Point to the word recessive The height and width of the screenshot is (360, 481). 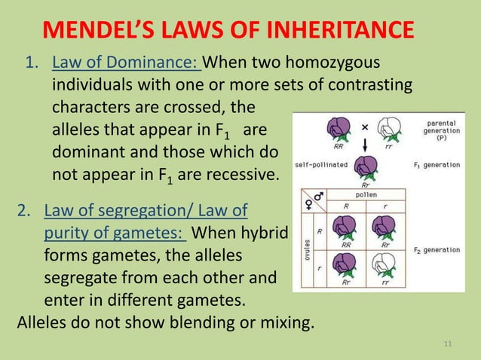(239, 176)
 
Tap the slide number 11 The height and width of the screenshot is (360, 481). (449, 345)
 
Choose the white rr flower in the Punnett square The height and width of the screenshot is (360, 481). (387, 264)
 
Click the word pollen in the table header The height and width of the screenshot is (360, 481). (365, 193)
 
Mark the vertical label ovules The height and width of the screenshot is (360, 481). (308, 249)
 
